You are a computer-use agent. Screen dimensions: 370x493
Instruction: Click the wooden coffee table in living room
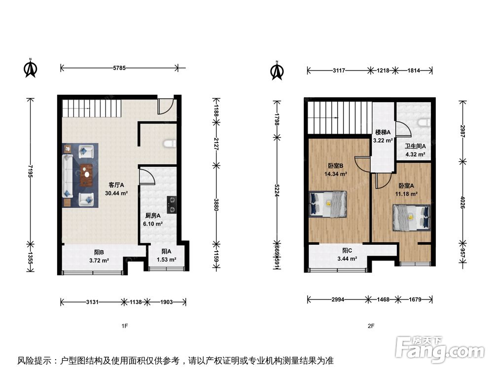coord(87,174)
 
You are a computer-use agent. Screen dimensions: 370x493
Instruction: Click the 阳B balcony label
coord(99,252)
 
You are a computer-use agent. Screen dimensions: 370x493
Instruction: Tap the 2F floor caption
coord(371,326)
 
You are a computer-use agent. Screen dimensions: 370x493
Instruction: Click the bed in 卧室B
coord(328,204)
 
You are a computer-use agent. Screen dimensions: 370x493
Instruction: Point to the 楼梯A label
coord(383,132)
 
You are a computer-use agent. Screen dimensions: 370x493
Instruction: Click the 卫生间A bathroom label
coord(415,146)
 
